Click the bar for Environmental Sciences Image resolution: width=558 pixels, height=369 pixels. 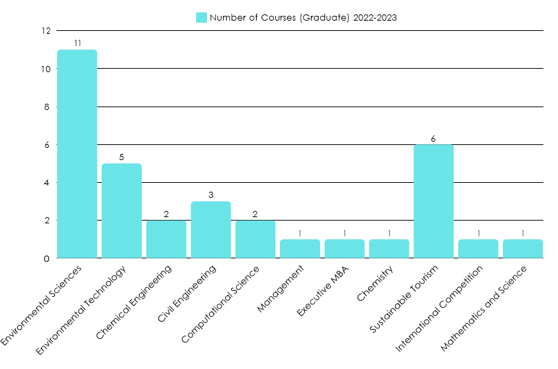pos(77,154)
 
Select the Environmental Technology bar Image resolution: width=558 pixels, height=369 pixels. pos(122,211)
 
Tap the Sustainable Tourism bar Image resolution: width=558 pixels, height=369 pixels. pos(433,201)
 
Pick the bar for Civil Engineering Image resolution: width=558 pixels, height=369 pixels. pos(211,230)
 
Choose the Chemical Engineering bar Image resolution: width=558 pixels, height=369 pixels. pos(167,239)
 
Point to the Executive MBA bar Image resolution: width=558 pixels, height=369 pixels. pos(345,249)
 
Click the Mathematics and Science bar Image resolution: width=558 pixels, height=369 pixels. pos(523,249)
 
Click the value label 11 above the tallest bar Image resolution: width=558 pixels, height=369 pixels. pos(78,43)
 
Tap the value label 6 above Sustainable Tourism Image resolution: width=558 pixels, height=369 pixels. pos(433,138)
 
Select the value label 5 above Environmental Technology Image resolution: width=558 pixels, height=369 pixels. pos(122,157)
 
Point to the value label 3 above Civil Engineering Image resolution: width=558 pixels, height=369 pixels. pos(211,195)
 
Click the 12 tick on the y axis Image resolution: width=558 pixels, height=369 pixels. pos(46,31)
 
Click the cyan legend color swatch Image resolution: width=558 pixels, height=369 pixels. pos(202,17)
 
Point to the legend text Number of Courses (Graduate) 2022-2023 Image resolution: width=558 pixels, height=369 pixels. pos(303,17)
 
